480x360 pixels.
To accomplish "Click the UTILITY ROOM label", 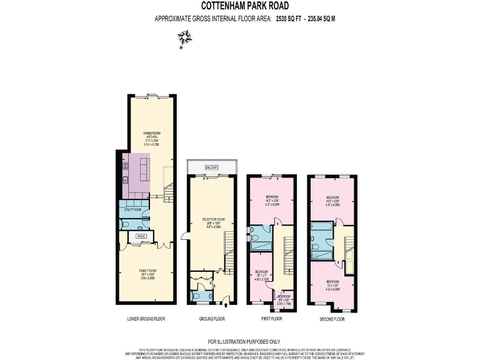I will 130,209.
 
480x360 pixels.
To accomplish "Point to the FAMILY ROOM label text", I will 147,271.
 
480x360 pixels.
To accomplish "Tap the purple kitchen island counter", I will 145,167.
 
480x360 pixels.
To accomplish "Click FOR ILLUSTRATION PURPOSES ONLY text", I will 240,341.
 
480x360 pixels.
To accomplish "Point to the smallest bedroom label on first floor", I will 284,297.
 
